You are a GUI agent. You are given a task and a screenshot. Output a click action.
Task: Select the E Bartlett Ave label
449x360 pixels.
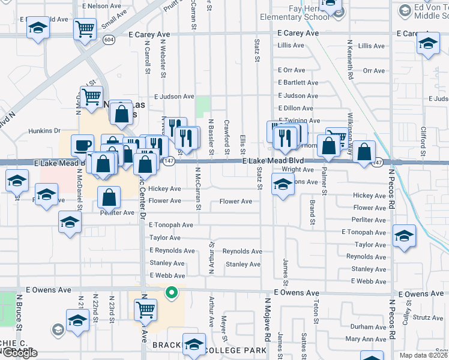click(x=298, y=83)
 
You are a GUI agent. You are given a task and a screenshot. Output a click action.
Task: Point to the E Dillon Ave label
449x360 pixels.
click(x=295, y=108)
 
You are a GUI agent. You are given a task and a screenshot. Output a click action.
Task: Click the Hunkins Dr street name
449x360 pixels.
click(x=44, y=130)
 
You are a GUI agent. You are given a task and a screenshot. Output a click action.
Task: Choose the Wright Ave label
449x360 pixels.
click(x=298, y=170)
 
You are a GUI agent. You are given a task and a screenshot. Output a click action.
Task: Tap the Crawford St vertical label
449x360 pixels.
click(x=226, y=133)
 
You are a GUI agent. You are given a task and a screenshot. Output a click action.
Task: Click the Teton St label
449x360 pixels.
click(x=315, y=313)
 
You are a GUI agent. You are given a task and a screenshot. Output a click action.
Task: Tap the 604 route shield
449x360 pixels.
click(x=108, y=40)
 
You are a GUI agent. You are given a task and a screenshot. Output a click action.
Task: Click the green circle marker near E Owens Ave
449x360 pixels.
click(x=171, y=293)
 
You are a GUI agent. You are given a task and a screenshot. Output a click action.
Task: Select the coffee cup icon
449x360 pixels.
click(x=82, y=145)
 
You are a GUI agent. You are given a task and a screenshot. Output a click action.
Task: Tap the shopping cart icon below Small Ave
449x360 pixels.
click(x=85, y=28)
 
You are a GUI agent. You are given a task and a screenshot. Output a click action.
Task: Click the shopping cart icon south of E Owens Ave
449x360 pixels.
click(x=145, y=310)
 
